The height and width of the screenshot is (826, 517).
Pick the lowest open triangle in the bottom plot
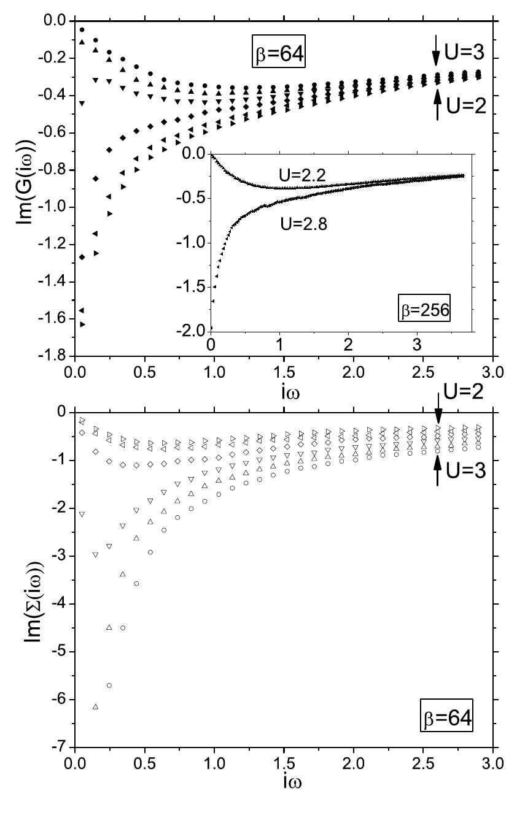pos(95,707)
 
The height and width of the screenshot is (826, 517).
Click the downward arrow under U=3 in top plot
pos(437,56)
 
